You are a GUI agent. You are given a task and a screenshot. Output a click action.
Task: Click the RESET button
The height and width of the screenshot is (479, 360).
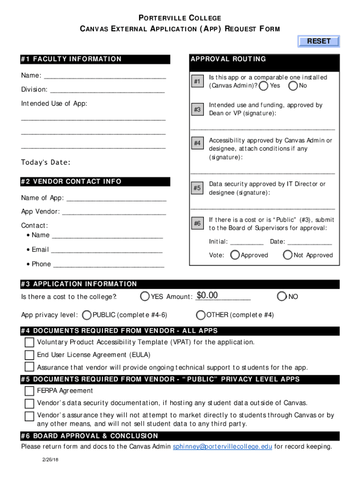point(319,42)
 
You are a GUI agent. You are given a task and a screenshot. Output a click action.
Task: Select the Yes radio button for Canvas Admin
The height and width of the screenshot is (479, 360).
point(264,86)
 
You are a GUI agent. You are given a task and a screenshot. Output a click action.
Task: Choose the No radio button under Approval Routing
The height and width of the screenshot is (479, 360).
point(293,86)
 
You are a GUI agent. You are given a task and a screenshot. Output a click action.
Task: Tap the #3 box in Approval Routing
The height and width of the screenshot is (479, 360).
point(197,109)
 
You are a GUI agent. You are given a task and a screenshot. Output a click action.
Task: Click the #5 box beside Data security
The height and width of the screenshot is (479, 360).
point(197,188)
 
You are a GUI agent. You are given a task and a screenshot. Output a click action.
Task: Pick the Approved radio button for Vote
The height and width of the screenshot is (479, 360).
point(235,255)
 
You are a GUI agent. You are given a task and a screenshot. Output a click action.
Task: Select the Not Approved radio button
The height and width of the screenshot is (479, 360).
point(288,255)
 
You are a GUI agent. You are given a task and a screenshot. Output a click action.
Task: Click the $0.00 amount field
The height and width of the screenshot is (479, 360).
point(223,296)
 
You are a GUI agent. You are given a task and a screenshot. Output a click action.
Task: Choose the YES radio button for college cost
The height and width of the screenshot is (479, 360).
point(145,297)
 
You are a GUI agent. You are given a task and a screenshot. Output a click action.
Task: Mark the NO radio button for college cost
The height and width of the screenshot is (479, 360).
point(281,297)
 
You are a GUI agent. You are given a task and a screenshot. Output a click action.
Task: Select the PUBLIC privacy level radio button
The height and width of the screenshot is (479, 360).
point(86,315)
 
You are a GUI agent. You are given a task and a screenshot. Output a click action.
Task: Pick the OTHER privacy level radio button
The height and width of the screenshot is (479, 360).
point(201,315)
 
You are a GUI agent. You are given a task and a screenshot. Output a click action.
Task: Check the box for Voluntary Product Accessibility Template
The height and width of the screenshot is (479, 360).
point(29,342)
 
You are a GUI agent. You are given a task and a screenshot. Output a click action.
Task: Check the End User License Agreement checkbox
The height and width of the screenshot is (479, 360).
point(29,355)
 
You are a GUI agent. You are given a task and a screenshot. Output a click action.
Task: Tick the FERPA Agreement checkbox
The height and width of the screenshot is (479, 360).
point(29,391)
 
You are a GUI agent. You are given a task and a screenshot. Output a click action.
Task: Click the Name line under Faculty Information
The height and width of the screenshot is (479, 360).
point(105,76)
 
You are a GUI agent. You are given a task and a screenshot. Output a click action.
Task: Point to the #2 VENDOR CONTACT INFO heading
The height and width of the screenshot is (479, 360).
point(71,181)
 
